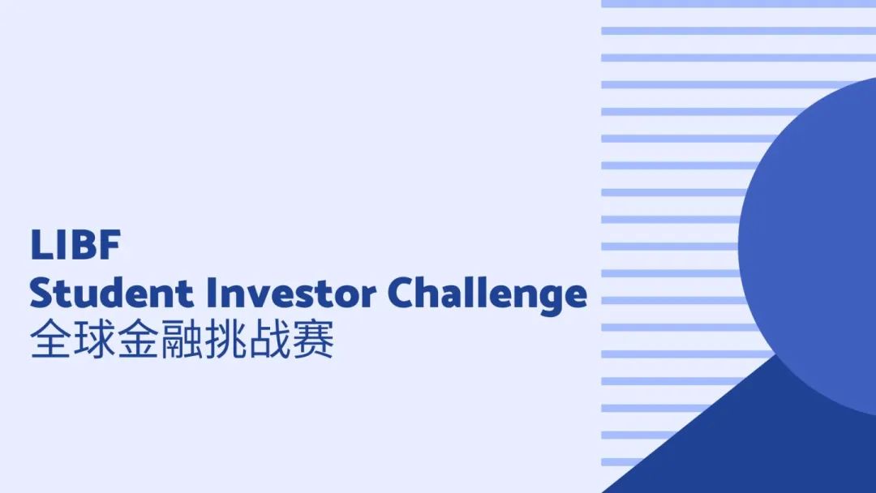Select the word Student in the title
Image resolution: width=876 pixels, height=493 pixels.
coord(105,294)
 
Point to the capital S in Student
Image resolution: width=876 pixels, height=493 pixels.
coord(41,294)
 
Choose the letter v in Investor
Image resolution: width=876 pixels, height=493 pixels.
coord(248,297)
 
